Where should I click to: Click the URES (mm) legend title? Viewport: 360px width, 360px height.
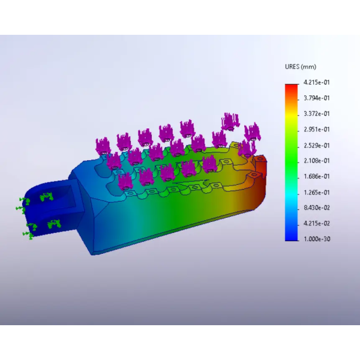click(x=301, y=67)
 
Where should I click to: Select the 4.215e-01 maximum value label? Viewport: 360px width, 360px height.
click(x=317, y=82)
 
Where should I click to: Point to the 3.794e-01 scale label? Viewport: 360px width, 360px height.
click(x=317, y=98)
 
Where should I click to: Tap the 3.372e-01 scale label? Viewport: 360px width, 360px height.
click(x=317, y=113)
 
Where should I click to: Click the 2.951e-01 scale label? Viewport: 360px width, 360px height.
click(x=317, y=130)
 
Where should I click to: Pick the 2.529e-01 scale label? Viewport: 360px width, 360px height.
click(x=317, y=146)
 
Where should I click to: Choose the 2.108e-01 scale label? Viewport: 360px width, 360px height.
click(x=317, y=161)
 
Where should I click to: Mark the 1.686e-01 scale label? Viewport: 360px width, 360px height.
click(x=317, y=176)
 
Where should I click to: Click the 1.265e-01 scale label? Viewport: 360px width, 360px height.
click(x=317, y=193)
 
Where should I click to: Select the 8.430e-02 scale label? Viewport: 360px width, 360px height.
click(x=317, y=208)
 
